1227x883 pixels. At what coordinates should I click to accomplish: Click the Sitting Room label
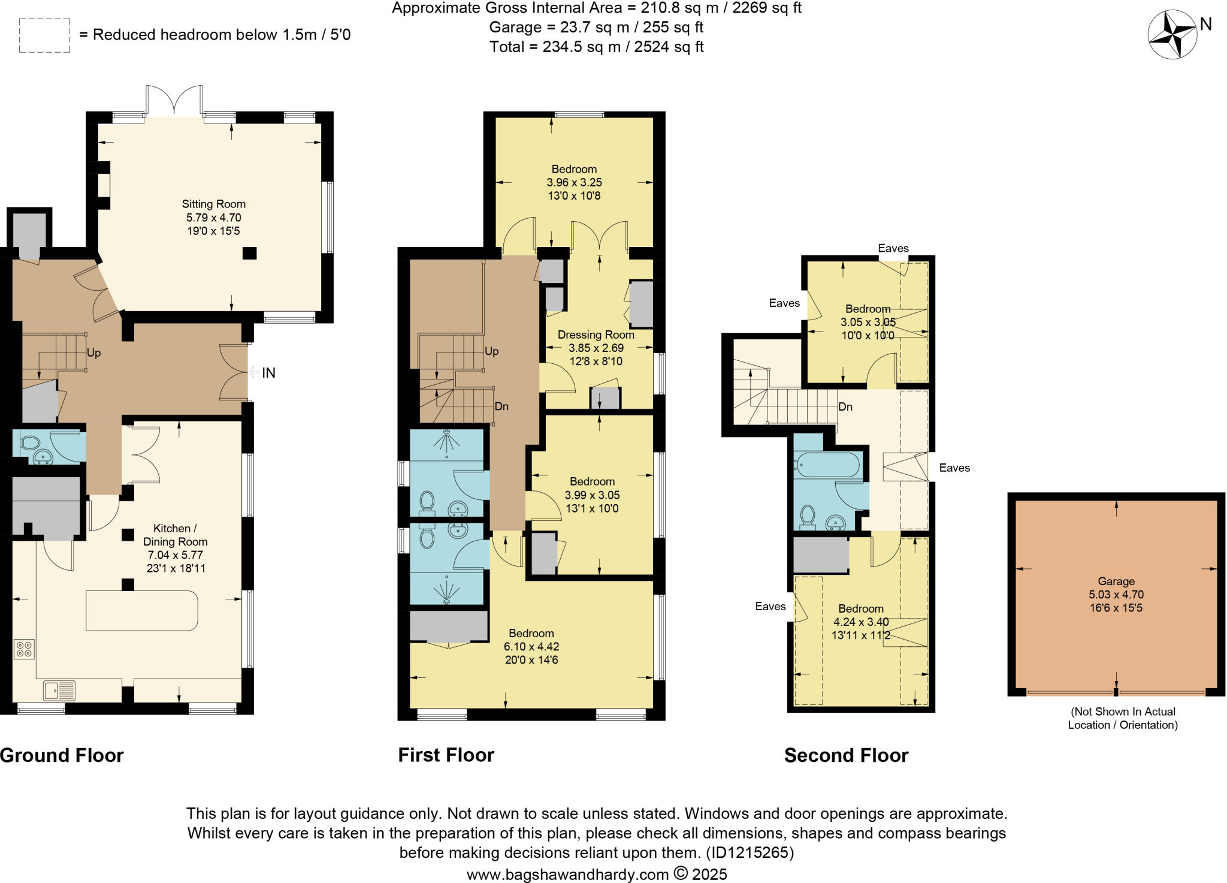point(213,204)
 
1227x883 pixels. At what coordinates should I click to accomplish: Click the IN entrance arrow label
point(268,373)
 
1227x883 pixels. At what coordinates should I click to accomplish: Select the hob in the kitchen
point(25,649)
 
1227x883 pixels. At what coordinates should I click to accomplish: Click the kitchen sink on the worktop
point(59,690)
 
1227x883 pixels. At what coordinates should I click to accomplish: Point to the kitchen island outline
point(141,610)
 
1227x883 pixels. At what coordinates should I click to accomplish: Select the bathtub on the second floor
point(827,465)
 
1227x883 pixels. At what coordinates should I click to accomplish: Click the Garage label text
point(1116,581)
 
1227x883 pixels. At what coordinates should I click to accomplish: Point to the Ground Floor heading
point(62,755)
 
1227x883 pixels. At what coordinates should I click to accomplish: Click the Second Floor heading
point(846,755)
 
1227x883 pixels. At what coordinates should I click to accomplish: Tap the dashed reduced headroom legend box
point(44,35)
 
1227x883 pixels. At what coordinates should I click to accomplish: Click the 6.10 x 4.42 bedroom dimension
point(531,646)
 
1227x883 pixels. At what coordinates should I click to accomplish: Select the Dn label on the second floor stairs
point(845,406)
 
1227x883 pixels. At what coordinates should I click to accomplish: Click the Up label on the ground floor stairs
point(93,352)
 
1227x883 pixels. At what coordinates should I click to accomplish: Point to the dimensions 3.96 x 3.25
point(574,182)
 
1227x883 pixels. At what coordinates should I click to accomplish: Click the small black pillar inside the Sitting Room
point(249,253)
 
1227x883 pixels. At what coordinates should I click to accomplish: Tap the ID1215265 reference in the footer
point(750,852)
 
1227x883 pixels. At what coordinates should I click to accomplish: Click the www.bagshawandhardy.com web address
point(567,874)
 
